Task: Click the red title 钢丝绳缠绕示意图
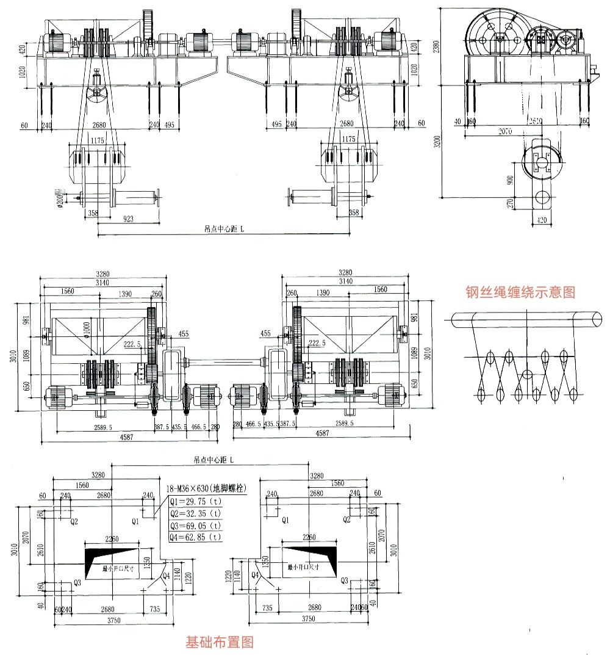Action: tap(520, 292)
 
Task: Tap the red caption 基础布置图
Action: tap(219, 642)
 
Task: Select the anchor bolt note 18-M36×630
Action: tap(206, 489)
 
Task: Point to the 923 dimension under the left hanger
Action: tap(129, 218)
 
